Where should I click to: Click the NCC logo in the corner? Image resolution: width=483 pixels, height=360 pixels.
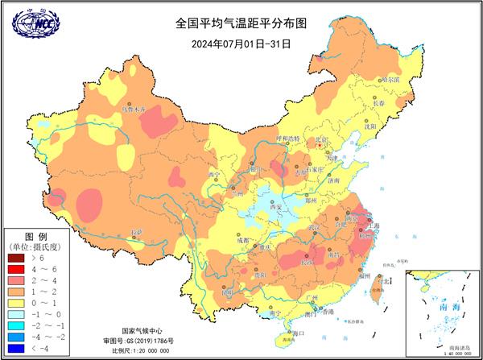coord(31,26)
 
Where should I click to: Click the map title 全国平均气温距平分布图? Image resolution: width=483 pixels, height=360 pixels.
coord(241,24)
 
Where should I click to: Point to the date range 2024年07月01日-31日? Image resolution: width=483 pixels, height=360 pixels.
coord(241,43)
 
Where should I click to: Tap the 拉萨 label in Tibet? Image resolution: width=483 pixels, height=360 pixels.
coord(140,232)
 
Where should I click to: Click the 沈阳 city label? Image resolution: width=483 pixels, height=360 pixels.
coord(369,126)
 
